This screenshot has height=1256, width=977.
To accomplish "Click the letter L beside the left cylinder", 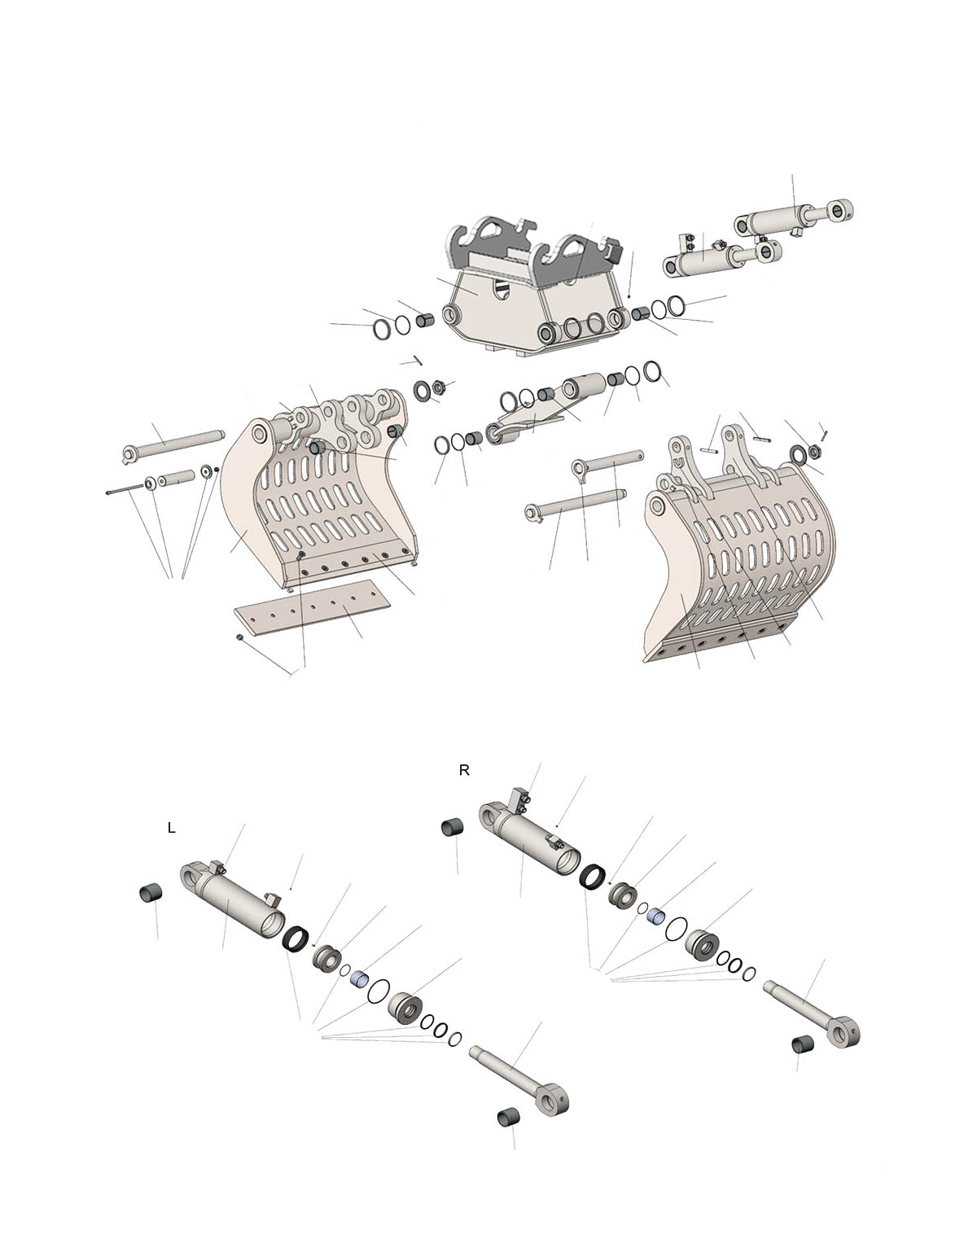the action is (171, 828).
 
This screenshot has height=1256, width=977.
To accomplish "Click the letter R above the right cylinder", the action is (463, 771).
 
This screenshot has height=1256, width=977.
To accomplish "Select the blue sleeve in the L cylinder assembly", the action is (360, 978).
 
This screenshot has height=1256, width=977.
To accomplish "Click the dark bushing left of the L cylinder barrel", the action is (151, 895).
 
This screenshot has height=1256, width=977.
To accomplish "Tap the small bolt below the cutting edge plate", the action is (239, 637).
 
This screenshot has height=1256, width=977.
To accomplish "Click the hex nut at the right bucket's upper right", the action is (816, 449).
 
